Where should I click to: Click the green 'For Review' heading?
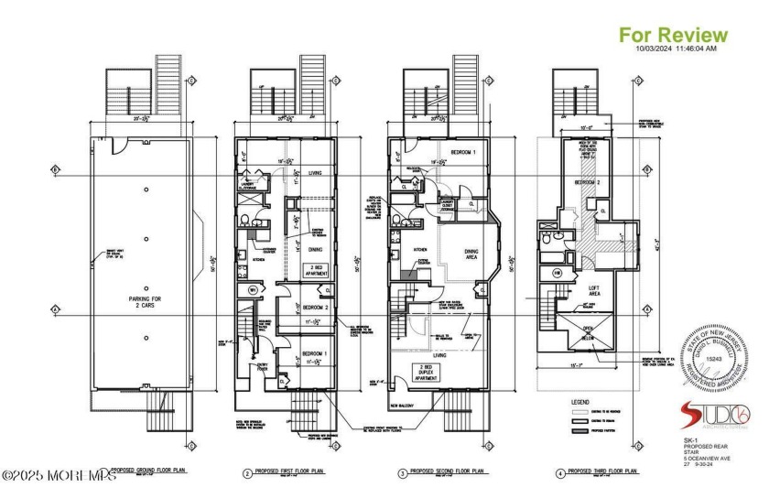674,35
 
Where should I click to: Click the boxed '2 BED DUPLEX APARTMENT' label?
428,372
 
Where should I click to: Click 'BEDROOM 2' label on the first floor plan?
314,309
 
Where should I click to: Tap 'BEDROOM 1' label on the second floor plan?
467,151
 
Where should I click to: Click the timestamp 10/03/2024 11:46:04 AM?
677,49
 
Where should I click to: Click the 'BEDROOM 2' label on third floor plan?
586,184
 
